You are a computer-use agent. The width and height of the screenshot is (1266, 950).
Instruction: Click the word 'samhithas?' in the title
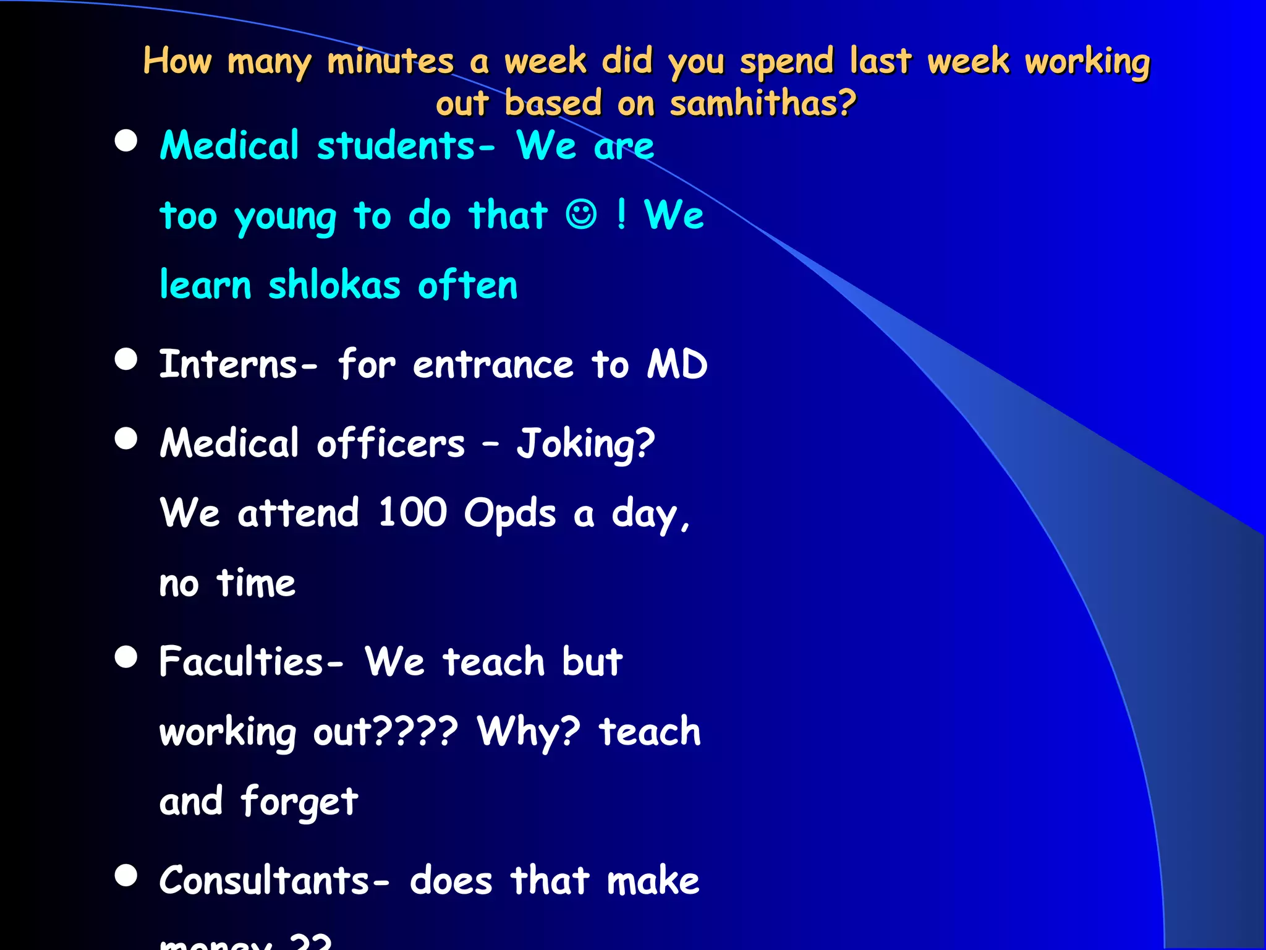click(x=763, y=103)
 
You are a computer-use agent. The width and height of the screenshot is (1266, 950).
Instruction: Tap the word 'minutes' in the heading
click(x=390, y=62)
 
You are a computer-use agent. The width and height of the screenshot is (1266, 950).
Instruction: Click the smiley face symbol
click(x=581, y=215)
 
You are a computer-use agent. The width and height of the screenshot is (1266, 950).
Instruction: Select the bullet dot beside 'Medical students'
click(x=126, y=141)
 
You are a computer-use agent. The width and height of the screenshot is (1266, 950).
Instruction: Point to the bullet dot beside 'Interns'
click(x=126, y=359)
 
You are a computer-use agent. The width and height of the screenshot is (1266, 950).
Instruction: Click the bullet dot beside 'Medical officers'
click(x=126, y=439)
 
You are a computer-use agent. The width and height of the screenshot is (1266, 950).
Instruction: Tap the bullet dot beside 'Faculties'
click(x=126, y=657)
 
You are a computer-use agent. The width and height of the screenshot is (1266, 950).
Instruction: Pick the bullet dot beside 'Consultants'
click(x=126, y=875)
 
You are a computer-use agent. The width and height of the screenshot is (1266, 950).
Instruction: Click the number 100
click(x=412, y=513)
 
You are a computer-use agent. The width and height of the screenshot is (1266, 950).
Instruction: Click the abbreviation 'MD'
click(x=677, y=364)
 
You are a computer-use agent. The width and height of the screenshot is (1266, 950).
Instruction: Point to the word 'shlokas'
click(x=334, y=286)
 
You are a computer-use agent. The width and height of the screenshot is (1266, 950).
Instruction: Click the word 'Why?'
click(x=529, y=732)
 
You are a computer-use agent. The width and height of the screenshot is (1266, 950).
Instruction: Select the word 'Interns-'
click(x=239, y=364)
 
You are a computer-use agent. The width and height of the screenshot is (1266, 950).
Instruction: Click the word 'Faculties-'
click(x=251, y=662)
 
